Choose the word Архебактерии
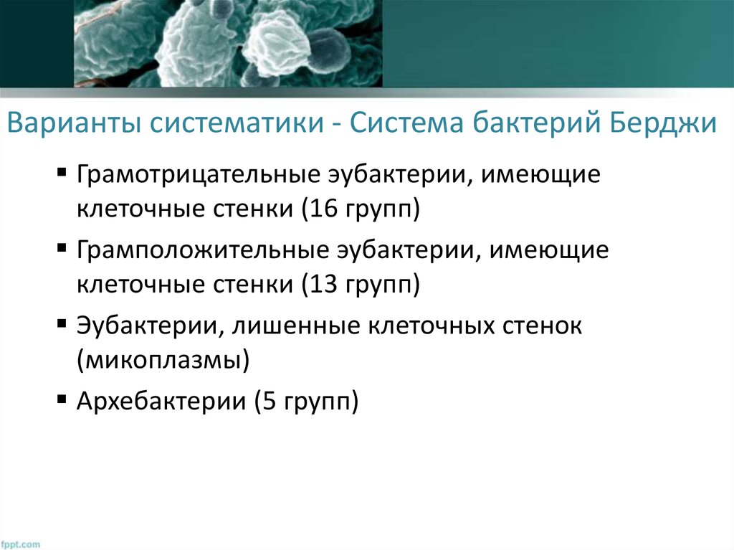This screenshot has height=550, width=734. click(x=158, y=402)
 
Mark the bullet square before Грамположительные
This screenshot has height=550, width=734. click(x=62, y=250)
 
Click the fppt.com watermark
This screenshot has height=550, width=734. click(x=21, y=544)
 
